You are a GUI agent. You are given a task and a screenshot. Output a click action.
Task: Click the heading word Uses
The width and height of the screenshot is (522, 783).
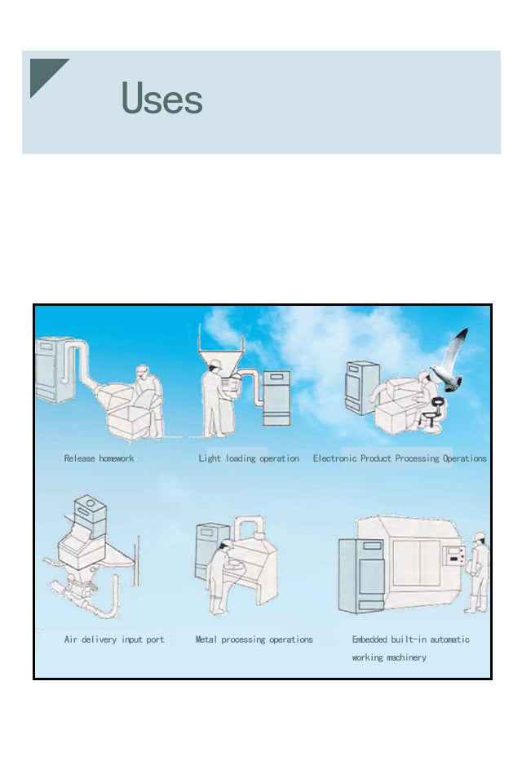pos(161,97)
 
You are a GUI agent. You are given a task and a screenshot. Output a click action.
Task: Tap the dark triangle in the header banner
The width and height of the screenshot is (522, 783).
pos(43,73)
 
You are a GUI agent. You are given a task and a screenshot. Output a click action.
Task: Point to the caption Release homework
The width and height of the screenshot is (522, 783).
pos(99,458)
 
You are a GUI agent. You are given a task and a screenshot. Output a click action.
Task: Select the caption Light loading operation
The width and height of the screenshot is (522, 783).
pos(249,458)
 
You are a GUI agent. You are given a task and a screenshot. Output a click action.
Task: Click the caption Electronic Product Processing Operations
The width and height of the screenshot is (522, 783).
pos(400,458)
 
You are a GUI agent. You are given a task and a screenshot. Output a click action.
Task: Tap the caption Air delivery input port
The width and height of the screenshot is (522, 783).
pos(114,639)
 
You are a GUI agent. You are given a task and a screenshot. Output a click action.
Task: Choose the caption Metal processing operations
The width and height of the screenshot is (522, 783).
pos(254,639)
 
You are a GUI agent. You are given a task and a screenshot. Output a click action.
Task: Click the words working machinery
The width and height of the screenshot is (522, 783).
pos(389,657)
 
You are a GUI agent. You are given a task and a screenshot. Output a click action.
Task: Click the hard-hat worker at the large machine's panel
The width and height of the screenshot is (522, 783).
pos(477,573)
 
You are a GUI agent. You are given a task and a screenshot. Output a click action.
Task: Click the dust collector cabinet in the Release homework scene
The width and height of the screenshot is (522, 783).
pos(54,369)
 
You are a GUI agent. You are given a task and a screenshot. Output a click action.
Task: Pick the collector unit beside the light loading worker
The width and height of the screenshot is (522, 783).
pos(276,397)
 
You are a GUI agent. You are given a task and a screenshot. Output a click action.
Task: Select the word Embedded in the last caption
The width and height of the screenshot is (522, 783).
pos(369,639)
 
